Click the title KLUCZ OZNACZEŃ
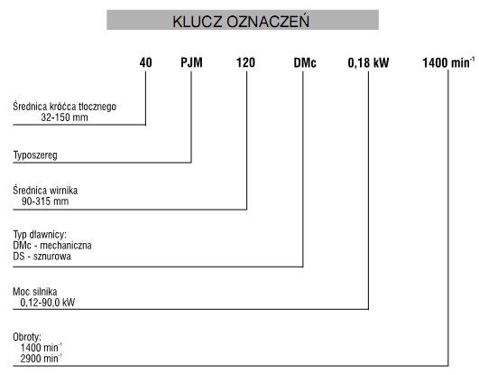pyautogui.click(x=241, y=22)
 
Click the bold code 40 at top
pyautogui.click(x=146, y=62)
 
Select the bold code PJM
pyautogui.click(x=191, y=62)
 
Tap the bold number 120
pyautogui.click(x=245, y=62)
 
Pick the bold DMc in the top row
pyautogui.click(x=305, y=62)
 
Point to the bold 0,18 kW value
pyautogui.click(x=368, y=62)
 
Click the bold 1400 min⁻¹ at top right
pyautogui.click(x=448, y=62)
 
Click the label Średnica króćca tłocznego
pyautogui.click(x=64, y=107)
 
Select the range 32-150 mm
pyautogui.click(x=64, y=117)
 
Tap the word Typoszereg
pyautogui.click(x=35, y=155)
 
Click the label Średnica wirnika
pyautogui.click(x=45, y=191)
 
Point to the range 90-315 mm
pyautogui.click(x=45, y=202)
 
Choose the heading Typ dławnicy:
pyautogui.click(x=40, y=235)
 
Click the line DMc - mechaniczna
pyautogui.click(x=52, y=246)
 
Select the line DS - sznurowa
pyautogui.click(x=41, y=257)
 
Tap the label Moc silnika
pyautogui.click(x=35, y=292)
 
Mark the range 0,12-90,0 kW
pyautogui.click(x=48, y=303)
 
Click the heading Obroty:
pyautogui.click(x=27, y=337)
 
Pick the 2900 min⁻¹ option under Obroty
pyautogui.click(x=41, y=359)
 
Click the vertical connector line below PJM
pyautogui.click(x=191, y=117)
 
